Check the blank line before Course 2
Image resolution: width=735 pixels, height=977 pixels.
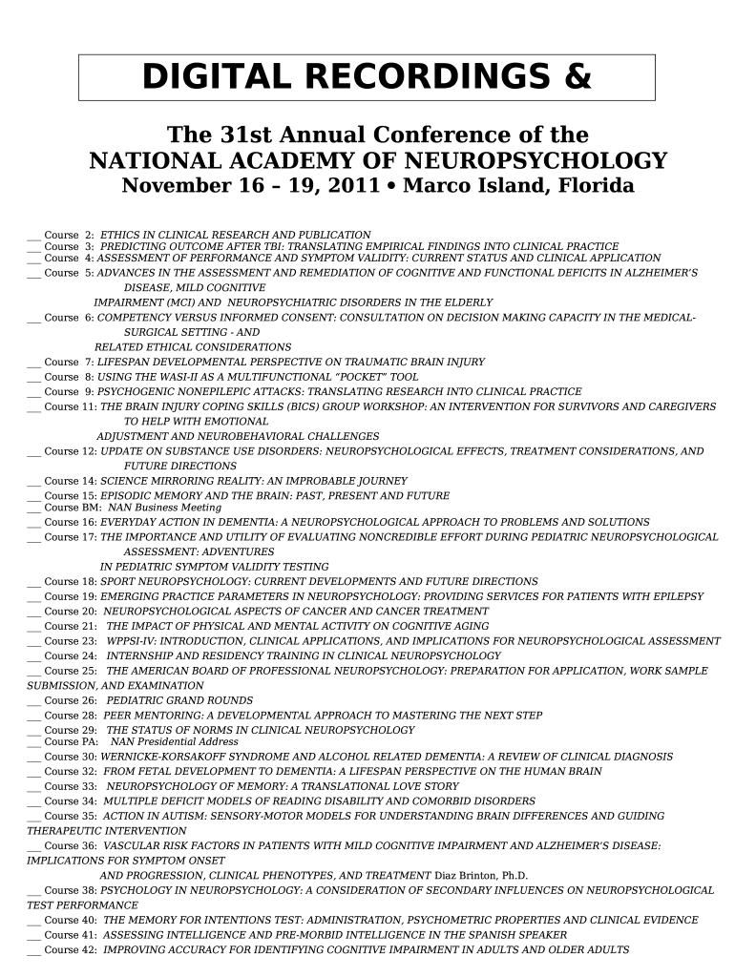coord(33,236)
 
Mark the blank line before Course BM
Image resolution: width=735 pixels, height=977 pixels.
coord(33,509)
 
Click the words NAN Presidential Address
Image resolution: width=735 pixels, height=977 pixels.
coord(175,741)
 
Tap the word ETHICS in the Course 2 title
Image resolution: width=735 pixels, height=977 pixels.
coord(119,234)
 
